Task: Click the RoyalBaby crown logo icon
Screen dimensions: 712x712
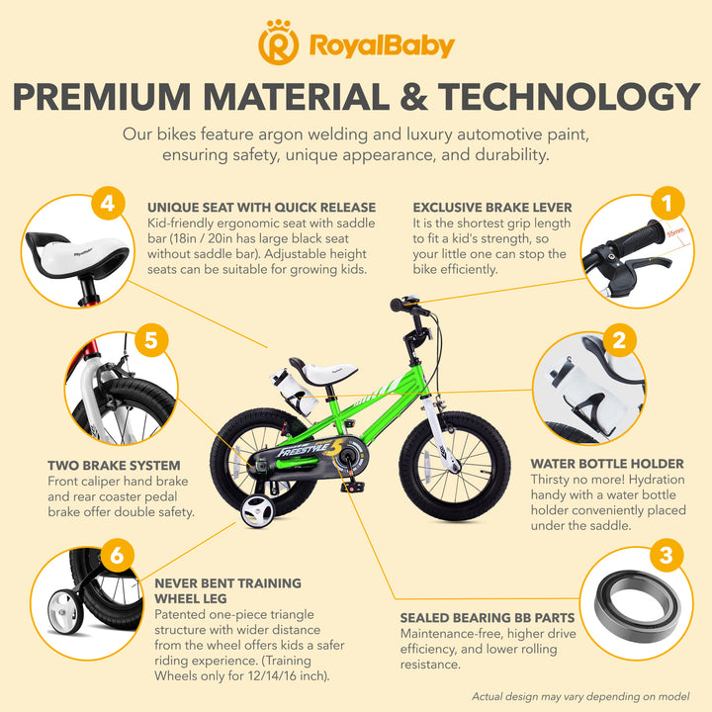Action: click(x=278, y=43)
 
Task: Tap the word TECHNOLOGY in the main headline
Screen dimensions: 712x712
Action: click(x=569, y=97)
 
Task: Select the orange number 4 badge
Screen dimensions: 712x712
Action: click(x=108, y=203)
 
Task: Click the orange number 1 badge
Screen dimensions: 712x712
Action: click(x=667, y=203)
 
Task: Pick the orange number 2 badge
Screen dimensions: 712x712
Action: click(x=620, y=340)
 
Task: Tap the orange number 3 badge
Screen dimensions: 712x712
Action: click(x=666, y=555)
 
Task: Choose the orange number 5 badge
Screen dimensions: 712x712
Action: click(x=151, y=340)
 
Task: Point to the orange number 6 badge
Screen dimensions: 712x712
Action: click(x=117, y=555)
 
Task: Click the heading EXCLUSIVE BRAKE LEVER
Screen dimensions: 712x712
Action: click(x=492, y=208)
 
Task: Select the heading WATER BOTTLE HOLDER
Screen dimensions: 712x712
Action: click(x=607, y=464)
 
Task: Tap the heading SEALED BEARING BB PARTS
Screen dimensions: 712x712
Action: click(x=488, y=617)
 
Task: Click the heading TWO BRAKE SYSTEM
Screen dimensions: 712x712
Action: click(x=114, y=466)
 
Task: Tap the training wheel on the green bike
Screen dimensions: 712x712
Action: click(x=257, y=511)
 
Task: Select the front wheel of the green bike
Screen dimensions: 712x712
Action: click(x=455, y=466)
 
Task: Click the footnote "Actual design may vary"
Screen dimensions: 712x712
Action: click(x=580, y=696)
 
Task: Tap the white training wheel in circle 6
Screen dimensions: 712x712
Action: click(x=65, y=612)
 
